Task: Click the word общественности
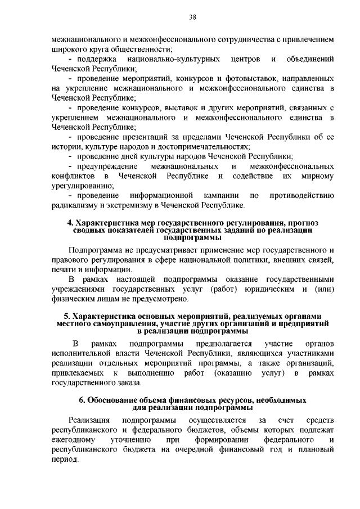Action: click(134, 49)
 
